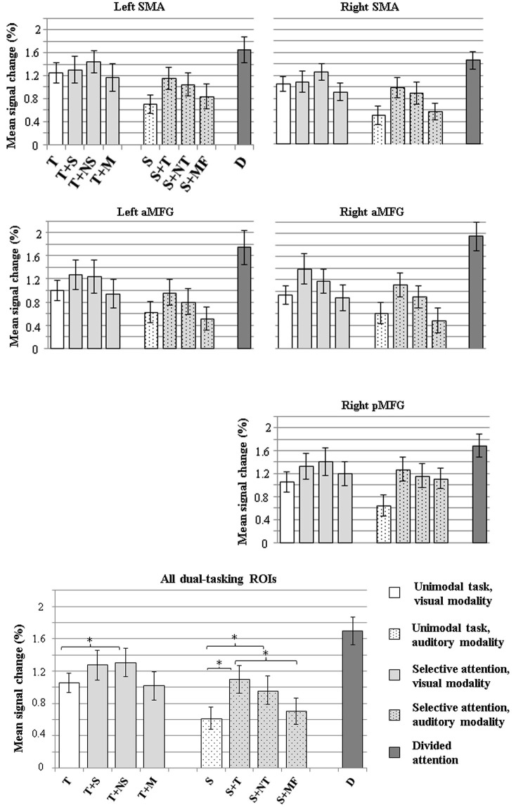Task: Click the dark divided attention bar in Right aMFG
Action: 476,292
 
